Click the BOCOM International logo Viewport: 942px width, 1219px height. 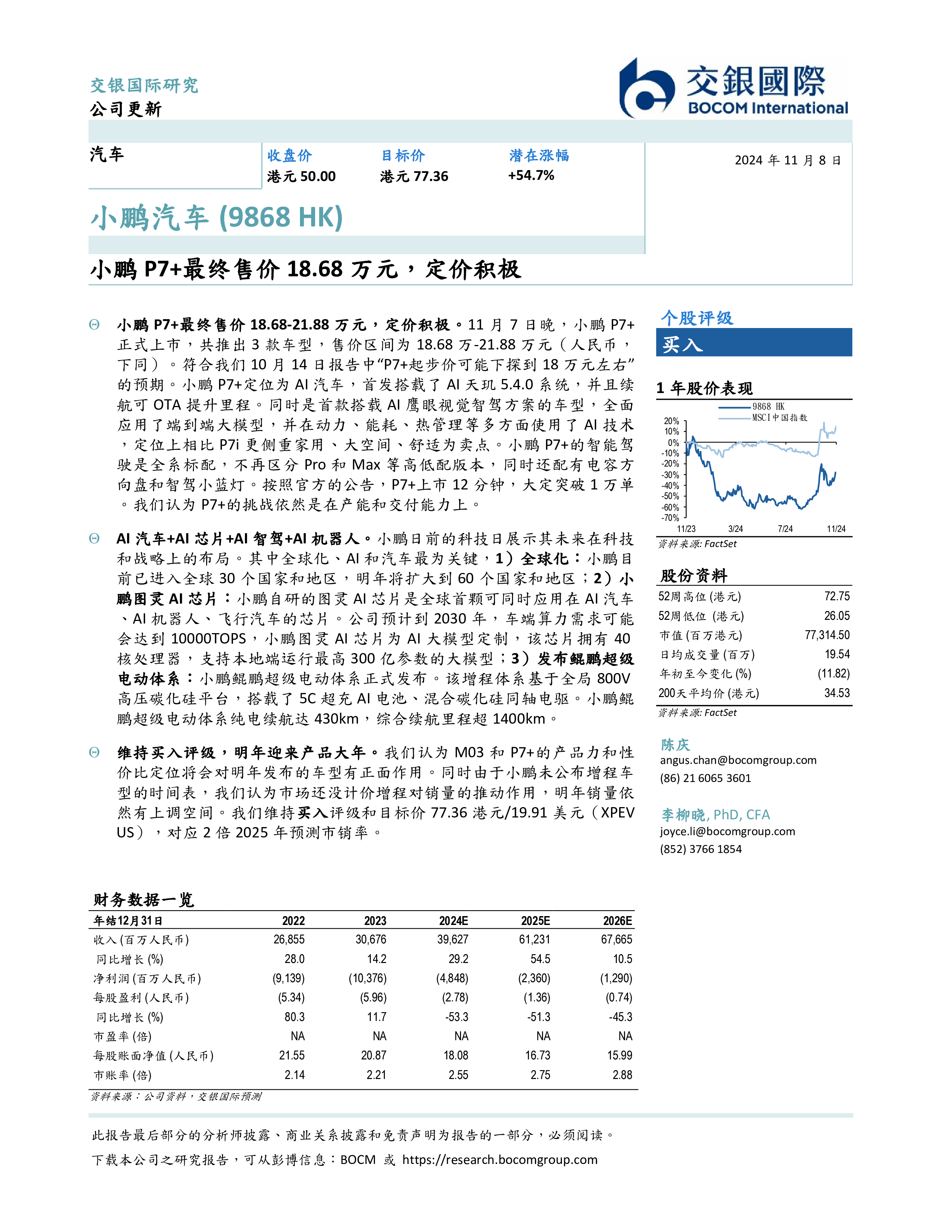[733, 88]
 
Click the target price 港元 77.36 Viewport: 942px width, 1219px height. [414, 176]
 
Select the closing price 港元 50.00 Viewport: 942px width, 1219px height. [301, 176]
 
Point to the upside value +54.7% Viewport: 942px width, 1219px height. [531, 175]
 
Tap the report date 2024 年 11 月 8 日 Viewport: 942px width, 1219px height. [787, 160]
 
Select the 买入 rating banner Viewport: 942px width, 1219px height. [753, 343]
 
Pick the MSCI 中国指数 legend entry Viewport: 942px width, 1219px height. [779, 417]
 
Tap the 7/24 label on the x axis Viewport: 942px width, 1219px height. [785, 529]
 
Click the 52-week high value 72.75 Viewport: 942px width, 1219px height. [836, 596]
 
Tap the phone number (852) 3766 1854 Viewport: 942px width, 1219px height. [700, 849]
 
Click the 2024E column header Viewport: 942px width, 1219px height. [453, 921]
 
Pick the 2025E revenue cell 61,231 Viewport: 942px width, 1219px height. [534, 939]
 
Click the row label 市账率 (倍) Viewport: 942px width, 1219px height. [123, 1075]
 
